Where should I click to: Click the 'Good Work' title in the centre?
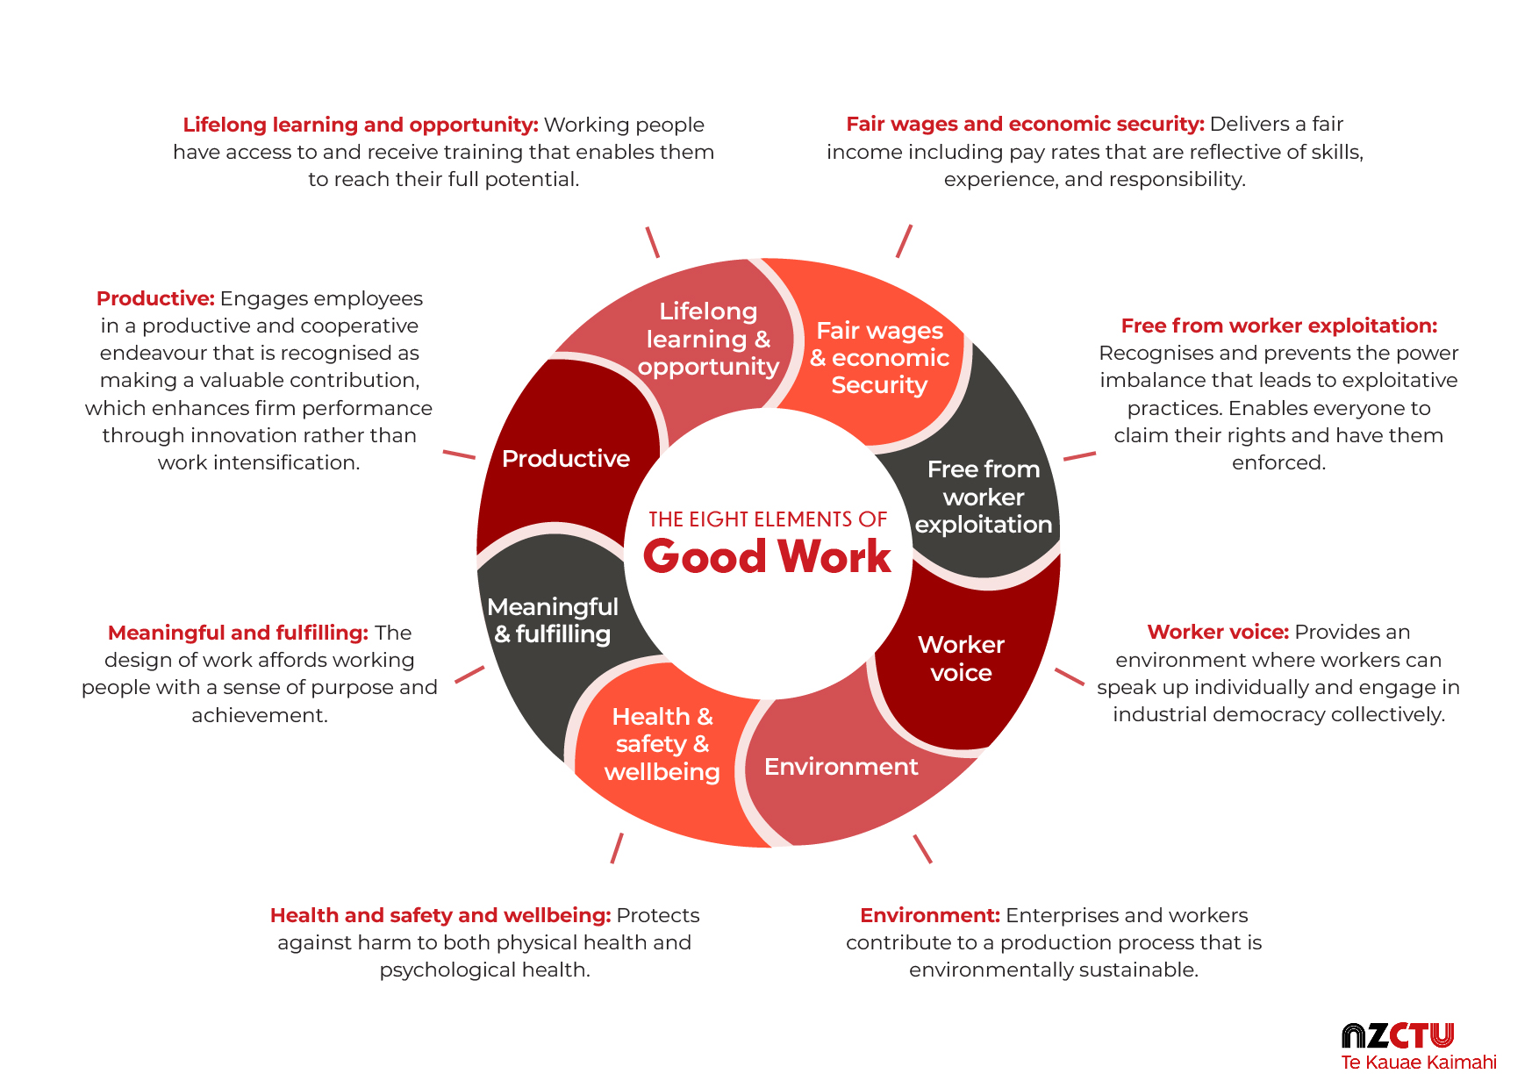(767, 556)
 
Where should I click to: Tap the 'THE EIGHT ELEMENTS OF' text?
(768, 519)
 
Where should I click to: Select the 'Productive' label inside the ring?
(566, 459)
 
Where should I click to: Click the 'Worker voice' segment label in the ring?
(961, 658)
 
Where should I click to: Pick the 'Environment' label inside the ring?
(841, 767)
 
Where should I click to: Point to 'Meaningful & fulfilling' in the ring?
(553, 620)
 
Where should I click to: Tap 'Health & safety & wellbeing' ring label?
(662, 744)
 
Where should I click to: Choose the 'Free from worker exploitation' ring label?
(983, 497)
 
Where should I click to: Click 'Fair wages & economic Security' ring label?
(879, 358)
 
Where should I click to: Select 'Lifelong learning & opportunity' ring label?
(708, 339)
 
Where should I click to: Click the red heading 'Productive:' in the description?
(155, 299)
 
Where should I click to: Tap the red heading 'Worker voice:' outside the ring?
(1217, 633)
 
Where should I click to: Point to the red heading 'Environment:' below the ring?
(929, 916)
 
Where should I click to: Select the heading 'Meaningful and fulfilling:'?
(238, 633)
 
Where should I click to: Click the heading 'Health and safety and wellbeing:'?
(440, 916)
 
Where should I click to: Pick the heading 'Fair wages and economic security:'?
(1025, 125)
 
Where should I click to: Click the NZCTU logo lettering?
(1397, 1036)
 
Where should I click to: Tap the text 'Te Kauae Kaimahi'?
(1418, 1063)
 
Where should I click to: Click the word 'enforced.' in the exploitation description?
(1278, 463)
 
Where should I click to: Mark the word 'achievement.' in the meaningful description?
(260, 716)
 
